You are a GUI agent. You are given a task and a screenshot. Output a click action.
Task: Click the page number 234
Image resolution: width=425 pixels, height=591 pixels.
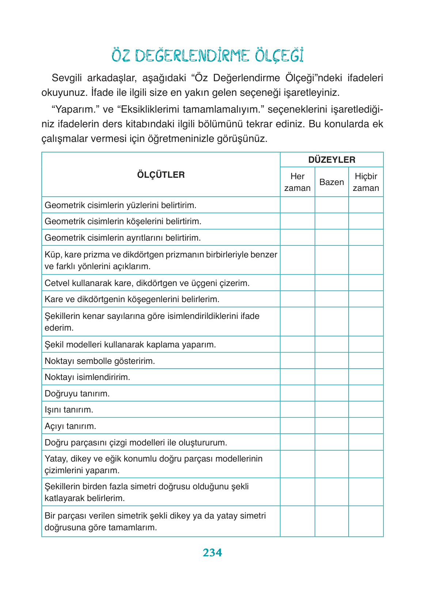tap(212, 552)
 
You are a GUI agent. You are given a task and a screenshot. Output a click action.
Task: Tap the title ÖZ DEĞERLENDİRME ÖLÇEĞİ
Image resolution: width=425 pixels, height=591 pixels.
tap(208, 56)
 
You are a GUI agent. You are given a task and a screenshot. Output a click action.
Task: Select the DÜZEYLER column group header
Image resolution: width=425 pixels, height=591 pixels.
tap(331, 160)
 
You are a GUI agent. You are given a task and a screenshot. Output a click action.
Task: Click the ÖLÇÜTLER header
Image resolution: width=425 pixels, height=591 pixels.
tap(161, 175)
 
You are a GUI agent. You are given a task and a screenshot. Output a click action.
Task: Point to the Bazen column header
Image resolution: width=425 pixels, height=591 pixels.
tap(331, 182)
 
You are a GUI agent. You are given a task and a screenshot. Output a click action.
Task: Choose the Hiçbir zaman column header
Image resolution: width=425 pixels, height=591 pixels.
tap(366, 182)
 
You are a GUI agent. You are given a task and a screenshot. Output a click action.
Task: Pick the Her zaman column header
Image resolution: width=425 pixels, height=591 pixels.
tap(297, 182)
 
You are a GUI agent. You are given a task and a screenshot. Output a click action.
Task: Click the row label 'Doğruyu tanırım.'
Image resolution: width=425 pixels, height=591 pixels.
tap(77, 394)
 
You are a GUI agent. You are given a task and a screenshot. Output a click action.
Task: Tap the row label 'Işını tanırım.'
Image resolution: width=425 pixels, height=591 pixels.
tap(69, 410)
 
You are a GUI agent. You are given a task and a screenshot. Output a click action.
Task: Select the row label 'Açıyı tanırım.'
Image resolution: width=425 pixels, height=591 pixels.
tap(70, 426)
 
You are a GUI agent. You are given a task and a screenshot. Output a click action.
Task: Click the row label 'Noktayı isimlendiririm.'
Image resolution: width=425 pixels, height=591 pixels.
tap(87, 377)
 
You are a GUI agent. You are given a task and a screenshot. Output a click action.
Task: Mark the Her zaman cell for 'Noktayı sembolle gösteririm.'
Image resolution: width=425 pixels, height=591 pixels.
tap(297, 361)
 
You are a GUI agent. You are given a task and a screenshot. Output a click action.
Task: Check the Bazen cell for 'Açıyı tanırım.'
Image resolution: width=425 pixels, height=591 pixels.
tap(331, 426)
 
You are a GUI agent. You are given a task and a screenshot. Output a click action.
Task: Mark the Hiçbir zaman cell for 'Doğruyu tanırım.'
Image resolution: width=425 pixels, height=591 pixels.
tap(366, 393)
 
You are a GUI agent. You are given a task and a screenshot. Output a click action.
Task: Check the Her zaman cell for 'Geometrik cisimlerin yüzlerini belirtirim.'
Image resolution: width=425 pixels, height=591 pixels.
tap(297, 205)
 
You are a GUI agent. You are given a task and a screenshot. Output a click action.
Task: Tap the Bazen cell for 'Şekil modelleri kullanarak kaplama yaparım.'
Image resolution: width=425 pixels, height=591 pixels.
tap(331, 345)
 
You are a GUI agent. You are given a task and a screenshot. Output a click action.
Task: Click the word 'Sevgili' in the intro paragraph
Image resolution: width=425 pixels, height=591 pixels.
tap(67, 78)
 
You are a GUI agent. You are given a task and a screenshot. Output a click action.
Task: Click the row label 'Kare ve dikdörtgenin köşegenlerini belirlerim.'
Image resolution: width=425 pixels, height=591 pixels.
tap(132, 299)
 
